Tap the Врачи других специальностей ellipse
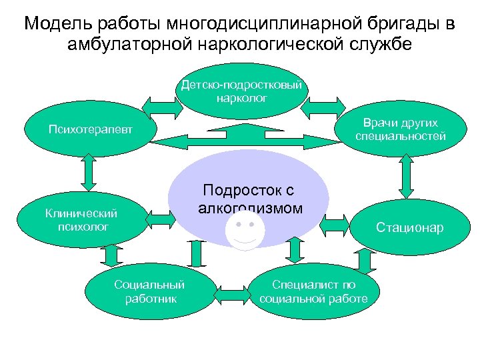pyautogui.click(x=401, y=130)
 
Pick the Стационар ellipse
pyautogui.click(x=409, y=228)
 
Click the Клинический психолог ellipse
pyautogui.click(x=81, y=219)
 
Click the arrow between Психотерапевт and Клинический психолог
pyautogui.click(x=86, y=175)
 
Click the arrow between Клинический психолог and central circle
pyautogui.click(x=157, y=217)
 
